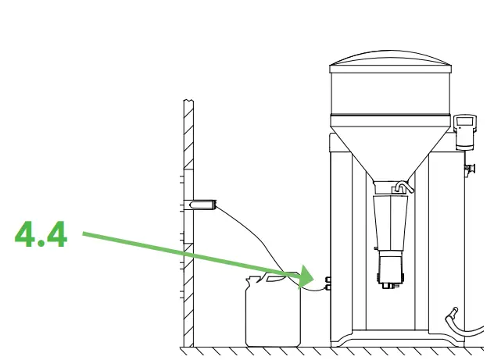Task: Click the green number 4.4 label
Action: pyautogui.click(x=41, y=234)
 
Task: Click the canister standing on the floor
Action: pyautogui.click(x=273, y=312)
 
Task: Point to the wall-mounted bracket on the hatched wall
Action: pyautogui.click(x=200, y=205)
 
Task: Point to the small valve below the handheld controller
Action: pyautogui.click(x=471, y=166)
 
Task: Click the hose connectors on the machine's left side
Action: pyautogui.click(x=328, y=283)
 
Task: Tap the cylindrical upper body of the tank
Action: pyautogui.click(x=391, y=94)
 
